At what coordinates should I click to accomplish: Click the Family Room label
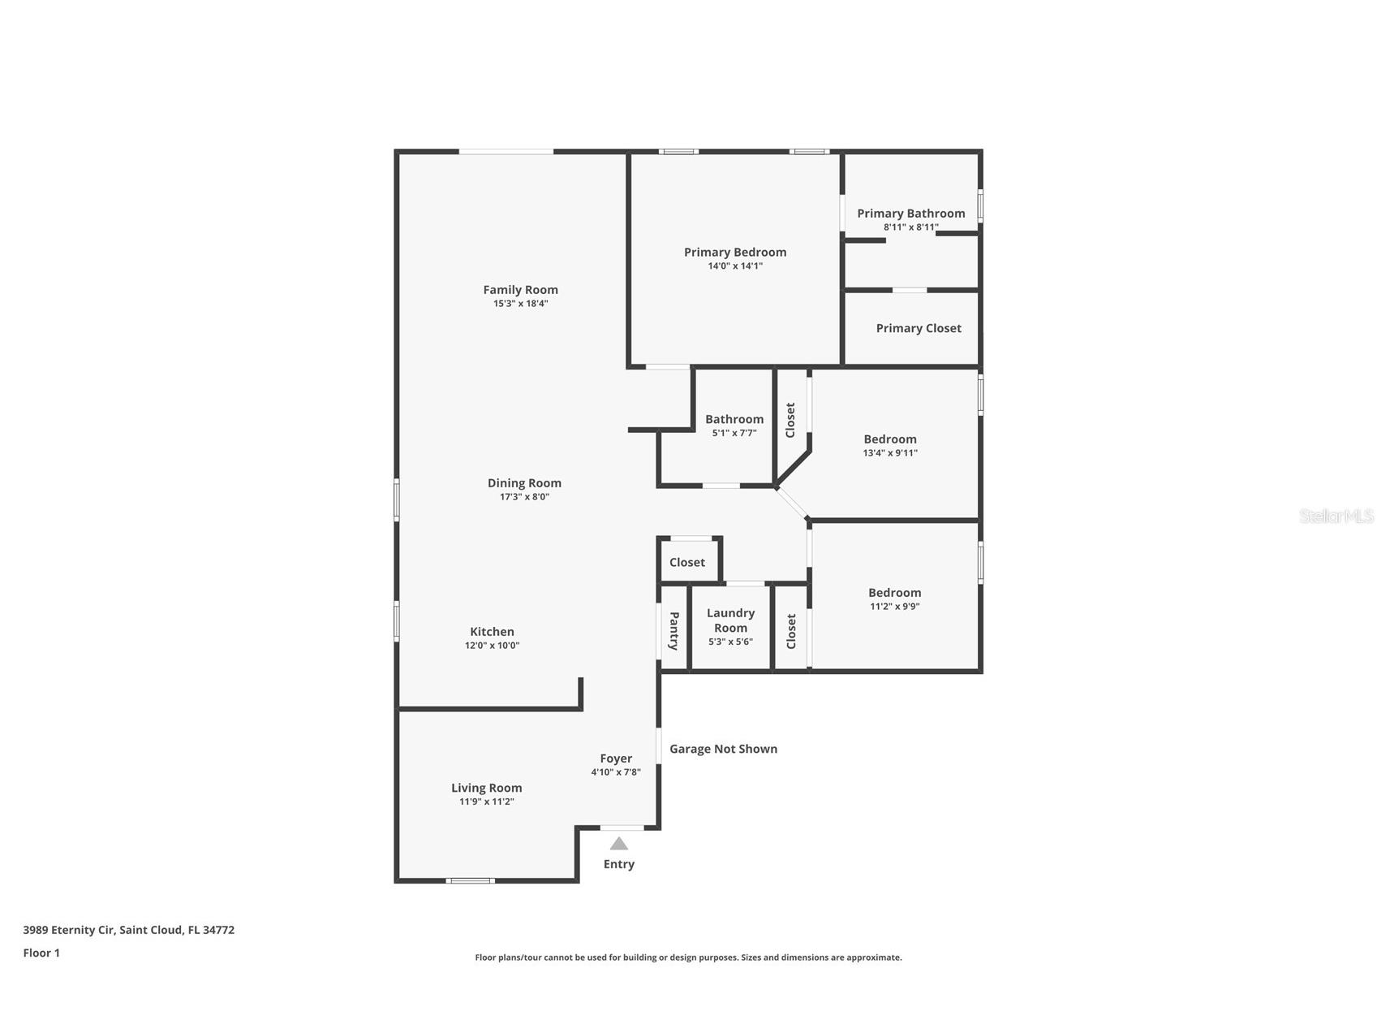pyautogui.click(x=520, y=290)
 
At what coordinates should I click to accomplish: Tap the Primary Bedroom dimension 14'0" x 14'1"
pyautogui.click(x=735, y=266)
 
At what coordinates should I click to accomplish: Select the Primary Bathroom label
pyautogui.click(x=911, y=214)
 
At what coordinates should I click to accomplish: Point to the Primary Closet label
pyautogui.click(x=919, y=328)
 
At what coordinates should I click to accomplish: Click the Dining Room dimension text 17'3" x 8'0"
pyautogui.click(x=524, y=497)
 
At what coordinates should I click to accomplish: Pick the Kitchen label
pyautogui.click(x=492, y=632)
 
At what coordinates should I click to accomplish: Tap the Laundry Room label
pyautogui.click(x=730, y=620)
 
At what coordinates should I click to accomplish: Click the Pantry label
pyautogui.click(x=673, y=631)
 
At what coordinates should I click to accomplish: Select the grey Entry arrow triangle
pyautogui.click(x=619, y=844)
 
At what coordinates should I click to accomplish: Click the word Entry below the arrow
pyautogui.click(x=619, y=864)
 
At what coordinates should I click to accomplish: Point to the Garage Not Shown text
pyautogui.click(x=723, y=749)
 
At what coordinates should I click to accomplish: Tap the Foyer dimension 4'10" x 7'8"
pyautogui.click(x=616, y=772)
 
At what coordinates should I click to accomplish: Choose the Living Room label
pyautogui.click(x=487, y=788)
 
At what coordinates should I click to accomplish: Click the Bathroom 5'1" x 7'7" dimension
pyautogui.click(x=734, y=434)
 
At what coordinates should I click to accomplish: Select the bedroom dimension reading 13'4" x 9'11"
pyautogui.click(x=890, y=453)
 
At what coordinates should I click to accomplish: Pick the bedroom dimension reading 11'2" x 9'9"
pyautogui.click(x=894, y=607)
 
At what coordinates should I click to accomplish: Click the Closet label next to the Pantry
pyautogui.click(x=687, y=562)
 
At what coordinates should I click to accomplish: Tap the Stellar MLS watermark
pyautogui.click(x=1336, y=516)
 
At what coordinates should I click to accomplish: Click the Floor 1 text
pyautogui.click(x=41, y=953)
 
